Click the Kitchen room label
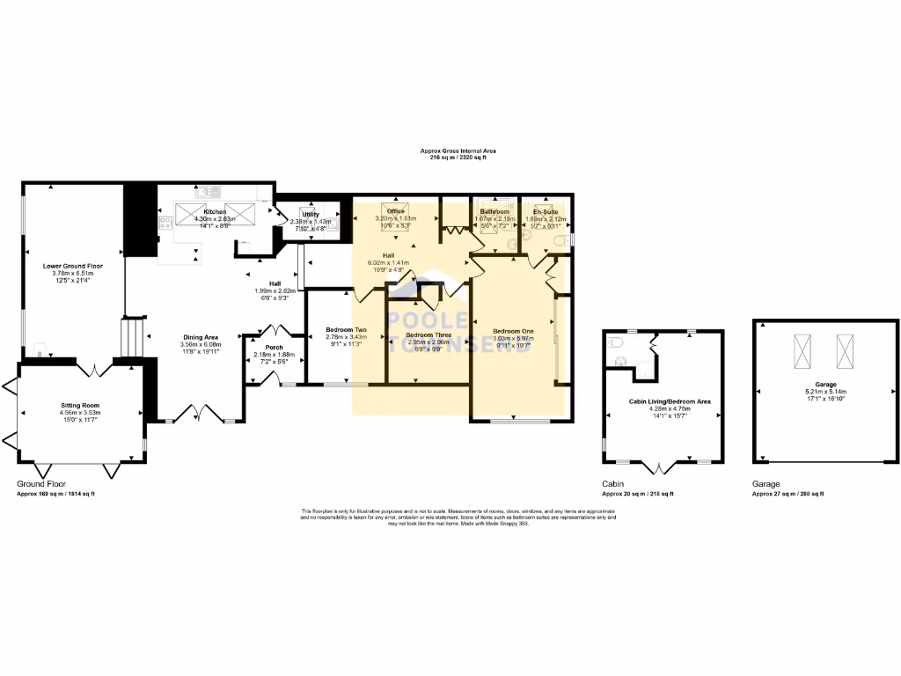click(216, 212)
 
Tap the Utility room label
click(311, 214)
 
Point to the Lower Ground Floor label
click(73, 265)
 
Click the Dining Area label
click(201, 337)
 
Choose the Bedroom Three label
click(429, 335)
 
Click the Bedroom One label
click(513, 331)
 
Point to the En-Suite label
click(541, 211)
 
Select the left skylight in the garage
click(802, 352)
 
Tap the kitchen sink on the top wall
click(208, 191)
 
